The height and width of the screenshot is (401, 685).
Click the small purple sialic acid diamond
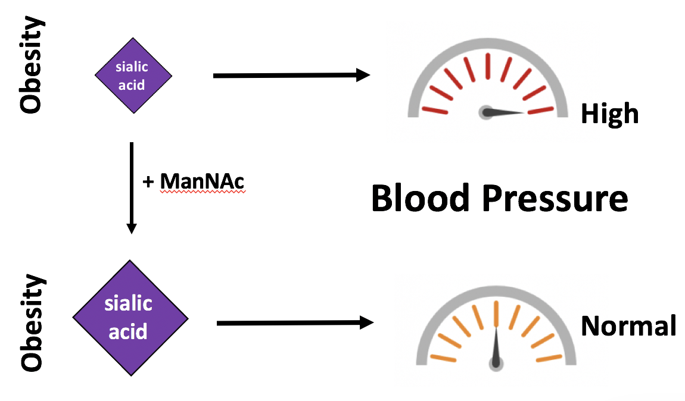(133, 76)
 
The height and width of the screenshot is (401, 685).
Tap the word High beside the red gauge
(609, 113)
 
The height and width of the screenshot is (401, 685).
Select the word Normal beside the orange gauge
(628, 326)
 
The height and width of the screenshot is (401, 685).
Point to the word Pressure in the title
(555, 198)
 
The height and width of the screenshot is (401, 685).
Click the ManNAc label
(203, 181)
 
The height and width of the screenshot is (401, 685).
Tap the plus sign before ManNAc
(149, 182)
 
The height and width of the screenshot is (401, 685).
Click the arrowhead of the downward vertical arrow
(132, 228)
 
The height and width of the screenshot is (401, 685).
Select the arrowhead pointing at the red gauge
(363, 75)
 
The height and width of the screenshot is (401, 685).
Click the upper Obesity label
(31, 65)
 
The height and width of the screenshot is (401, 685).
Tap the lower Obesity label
(32, 323)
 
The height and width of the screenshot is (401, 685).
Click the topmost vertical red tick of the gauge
(488, 65)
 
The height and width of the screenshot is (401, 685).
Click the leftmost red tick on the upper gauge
(435, 110)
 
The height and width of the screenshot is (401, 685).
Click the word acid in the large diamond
(129, 330)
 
